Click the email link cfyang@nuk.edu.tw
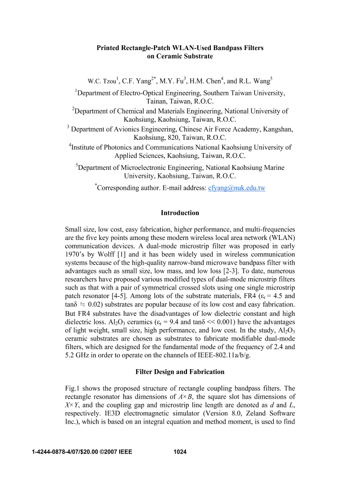[x=237, y=188]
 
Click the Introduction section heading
[x=180, y=213]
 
